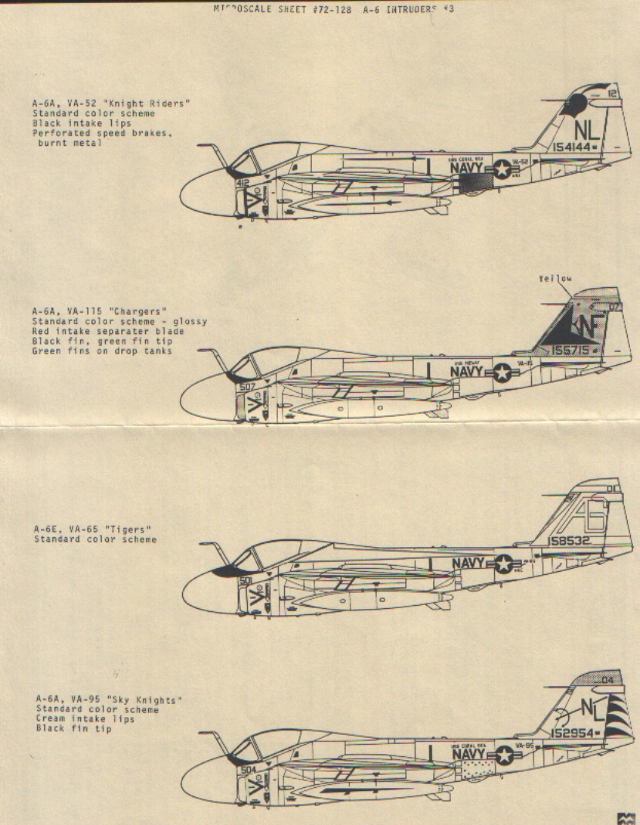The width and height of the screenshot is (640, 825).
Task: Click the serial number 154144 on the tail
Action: [574, 146]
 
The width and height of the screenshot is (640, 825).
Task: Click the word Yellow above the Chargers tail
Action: [555, 280]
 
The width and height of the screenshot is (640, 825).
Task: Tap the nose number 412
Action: [242, 183]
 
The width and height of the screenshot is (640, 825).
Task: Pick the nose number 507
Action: [247, 387]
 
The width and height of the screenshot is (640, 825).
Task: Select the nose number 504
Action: [246, 769]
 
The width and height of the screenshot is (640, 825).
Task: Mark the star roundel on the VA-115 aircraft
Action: [503, 373]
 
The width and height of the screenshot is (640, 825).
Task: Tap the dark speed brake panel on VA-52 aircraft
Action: [472, 183]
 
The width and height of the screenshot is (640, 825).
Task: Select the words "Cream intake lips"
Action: [85, 719]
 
